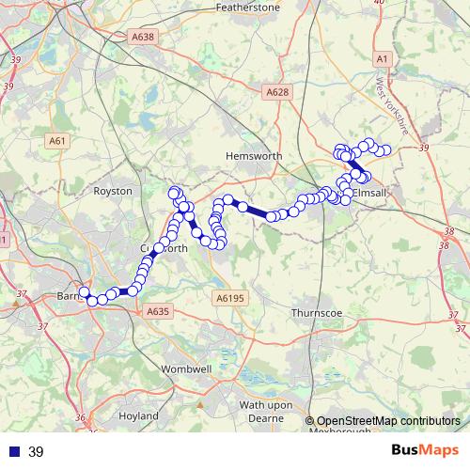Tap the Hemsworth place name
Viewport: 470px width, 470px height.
(249, 157)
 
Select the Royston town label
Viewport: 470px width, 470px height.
(115, 191)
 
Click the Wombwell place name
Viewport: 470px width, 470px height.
(183, 369)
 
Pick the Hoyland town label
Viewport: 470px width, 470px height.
(137, 415)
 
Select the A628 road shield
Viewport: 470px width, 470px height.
(276, 92)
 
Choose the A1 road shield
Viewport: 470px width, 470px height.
(381, 58)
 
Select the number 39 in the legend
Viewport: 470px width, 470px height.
(37, 452)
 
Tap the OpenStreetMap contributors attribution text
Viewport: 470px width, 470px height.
(388, 421)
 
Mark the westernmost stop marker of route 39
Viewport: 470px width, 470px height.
(84, 292)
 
